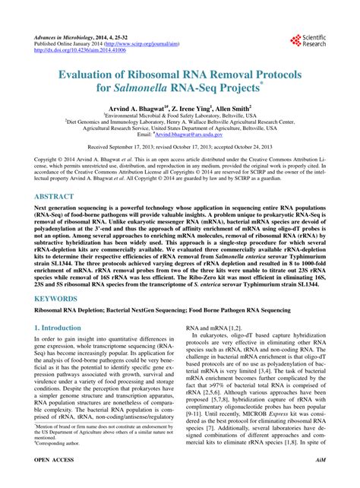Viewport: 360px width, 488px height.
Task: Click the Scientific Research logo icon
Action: pyautogui.click(x=295, y=40)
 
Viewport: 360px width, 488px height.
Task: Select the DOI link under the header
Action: pyautogui.click(x=76, y=51)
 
